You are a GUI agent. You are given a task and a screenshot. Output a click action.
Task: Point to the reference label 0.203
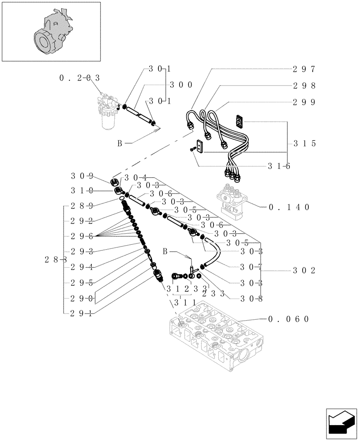[79, 78]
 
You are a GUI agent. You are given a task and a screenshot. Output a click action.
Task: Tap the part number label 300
[180, 85]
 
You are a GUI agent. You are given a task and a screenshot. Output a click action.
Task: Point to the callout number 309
[82, 176]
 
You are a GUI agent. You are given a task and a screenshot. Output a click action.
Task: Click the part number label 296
[82, 236]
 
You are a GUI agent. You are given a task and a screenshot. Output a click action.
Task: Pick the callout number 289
[82, 206]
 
